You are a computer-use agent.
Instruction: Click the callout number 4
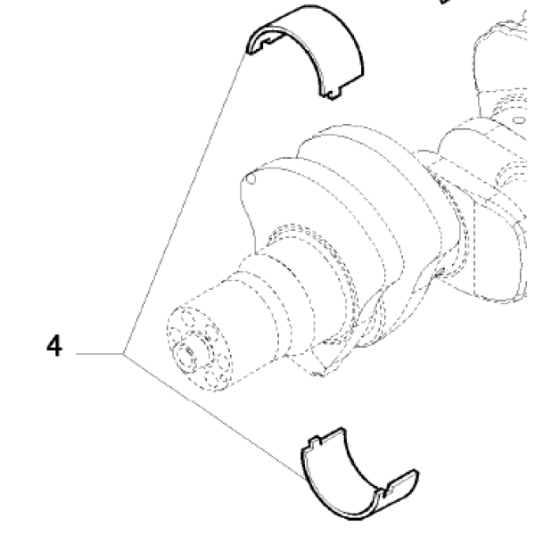click(54, 346)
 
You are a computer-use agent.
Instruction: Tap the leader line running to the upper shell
click(185, 202)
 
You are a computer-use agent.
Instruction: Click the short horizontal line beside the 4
click(99, 354)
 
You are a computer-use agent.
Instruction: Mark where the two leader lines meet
click(123, 354)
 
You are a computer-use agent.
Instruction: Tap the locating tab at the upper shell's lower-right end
click(333, 93)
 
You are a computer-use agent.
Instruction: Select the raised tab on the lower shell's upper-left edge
click(316, 442)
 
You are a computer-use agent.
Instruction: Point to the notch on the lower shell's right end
click(388, 490)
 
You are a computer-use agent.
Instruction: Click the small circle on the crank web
click(251, 179)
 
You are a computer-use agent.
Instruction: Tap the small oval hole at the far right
click(519, 120)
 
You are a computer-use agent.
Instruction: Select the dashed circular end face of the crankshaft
click(199, 349)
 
